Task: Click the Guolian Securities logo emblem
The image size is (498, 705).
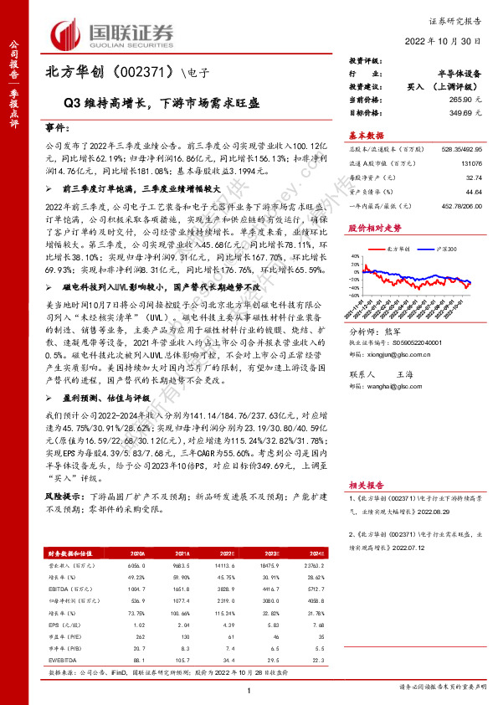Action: tap(67, 33)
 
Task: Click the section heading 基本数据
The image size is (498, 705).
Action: tap(366, 134)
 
